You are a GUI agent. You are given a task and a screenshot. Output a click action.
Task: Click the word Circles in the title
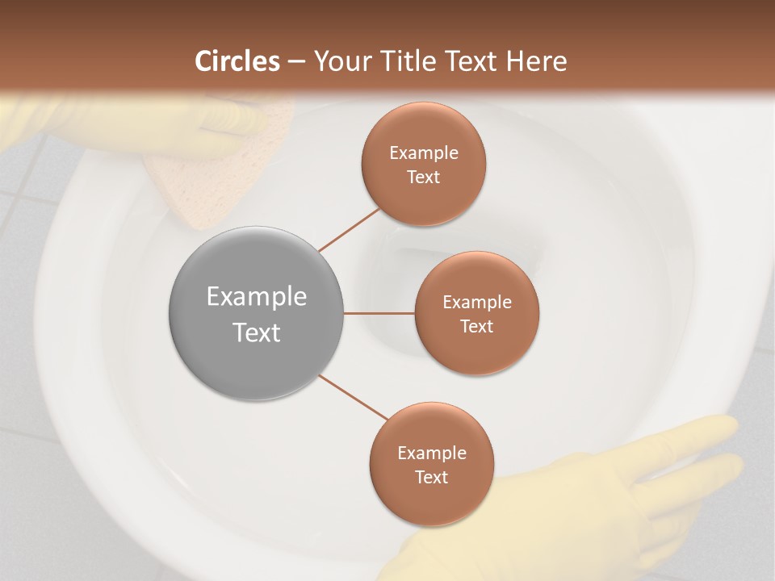pos(237,61)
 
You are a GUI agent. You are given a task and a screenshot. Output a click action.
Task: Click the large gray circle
pos(256,313)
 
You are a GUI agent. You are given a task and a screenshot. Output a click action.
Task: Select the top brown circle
pos(424,164)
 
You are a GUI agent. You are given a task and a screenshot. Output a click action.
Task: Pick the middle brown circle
pos(477,313)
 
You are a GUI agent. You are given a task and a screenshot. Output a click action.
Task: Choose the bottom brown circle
pos(431,465)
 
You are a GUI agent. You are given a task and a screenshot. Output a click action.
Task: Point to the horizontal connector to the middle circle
pos(379,313)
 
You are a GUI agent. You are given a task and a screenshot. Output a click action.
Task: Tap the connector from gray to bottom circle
pos(354,397)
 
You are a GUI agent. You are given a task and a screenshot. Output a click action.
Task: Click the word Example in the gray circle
pos(256,297)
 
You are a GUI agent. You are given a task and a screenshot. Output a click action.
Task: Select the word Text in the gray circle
pos(256,332)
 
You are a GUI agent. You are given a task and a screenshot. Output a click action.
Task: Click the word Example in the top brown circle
pos(424,153)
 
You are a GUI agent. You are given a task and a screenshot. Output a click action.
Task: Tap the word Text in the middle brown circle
pos(477,326)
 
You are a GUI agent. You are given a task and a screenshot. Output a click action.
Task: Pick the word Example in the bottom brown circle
pos(431,453)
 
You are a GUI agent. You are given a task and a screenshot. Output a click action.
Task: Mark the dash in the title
pos(296,61)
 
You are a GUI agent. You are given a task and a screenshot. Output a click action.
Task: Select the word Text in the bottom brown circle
pos(431,477)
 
